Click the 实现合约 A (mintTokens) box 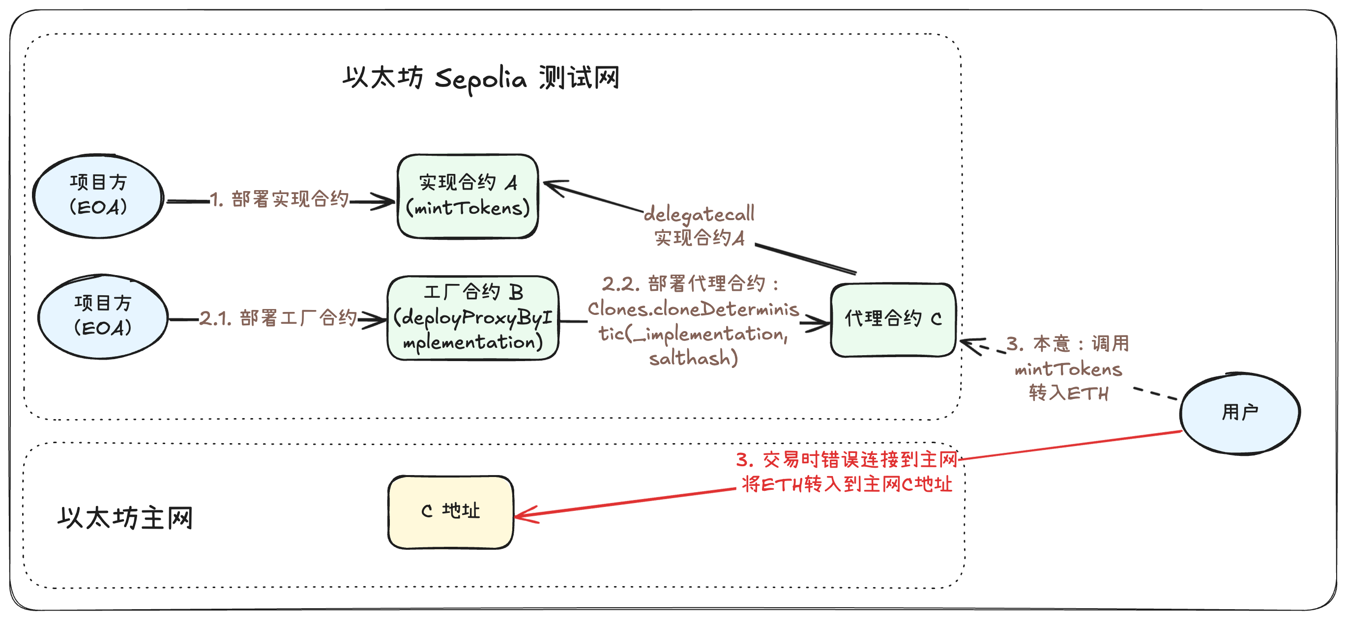468,196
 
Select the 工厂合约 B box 473,317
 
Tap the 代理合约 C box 893,320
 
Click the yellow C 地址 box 450,511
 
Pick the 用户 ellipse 1239,413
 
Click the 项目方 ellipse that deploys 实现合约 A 98,196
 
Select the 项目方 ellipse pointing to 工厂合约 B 103,316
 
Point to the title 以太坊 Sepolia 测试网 481,78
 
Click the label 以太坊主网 125,518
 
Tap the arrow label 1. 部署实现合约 280,199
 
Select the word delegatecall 699,214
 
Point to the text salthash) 693,358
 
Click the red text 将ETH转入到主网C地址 847,484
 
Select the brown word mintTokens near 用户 1068,370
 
